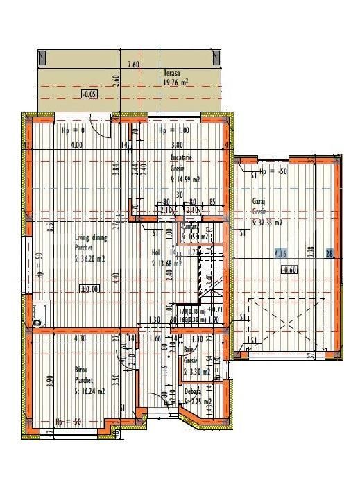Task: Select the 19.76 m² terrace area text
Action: click(175, 82)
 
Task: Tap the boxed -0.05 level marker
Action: click(89, 94)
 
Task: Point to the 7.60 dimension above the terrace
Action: click(134, 65)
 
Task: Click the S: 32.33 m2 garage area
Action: click(266, 223)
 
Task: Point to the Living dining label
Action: click(90, 238)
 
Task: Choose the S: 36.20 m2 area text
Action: click(90, 259)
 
